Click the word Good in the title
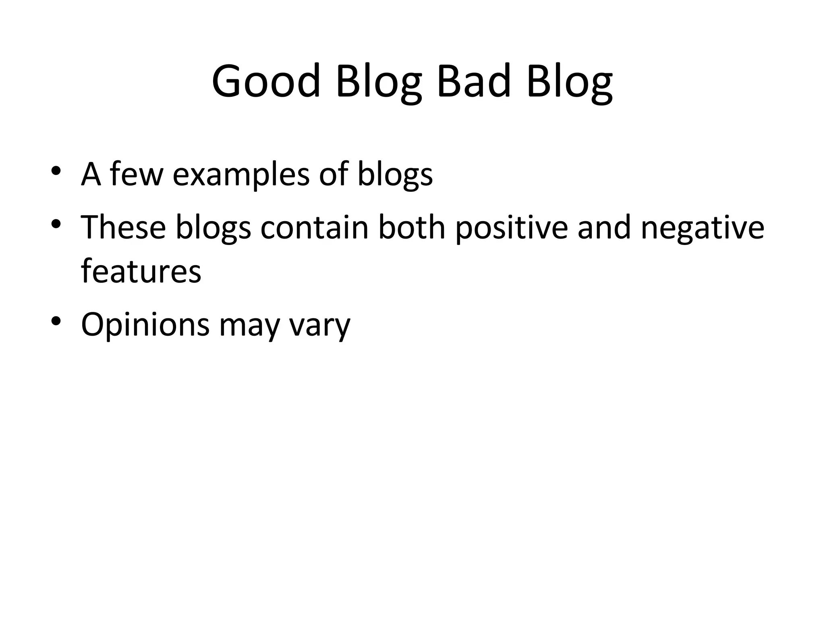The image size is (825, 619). click(x=266, y=82)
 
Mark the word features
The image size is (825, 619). click(x=141, y=271)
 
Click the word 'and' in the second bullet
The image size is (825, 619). click(x=603, y=227)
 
